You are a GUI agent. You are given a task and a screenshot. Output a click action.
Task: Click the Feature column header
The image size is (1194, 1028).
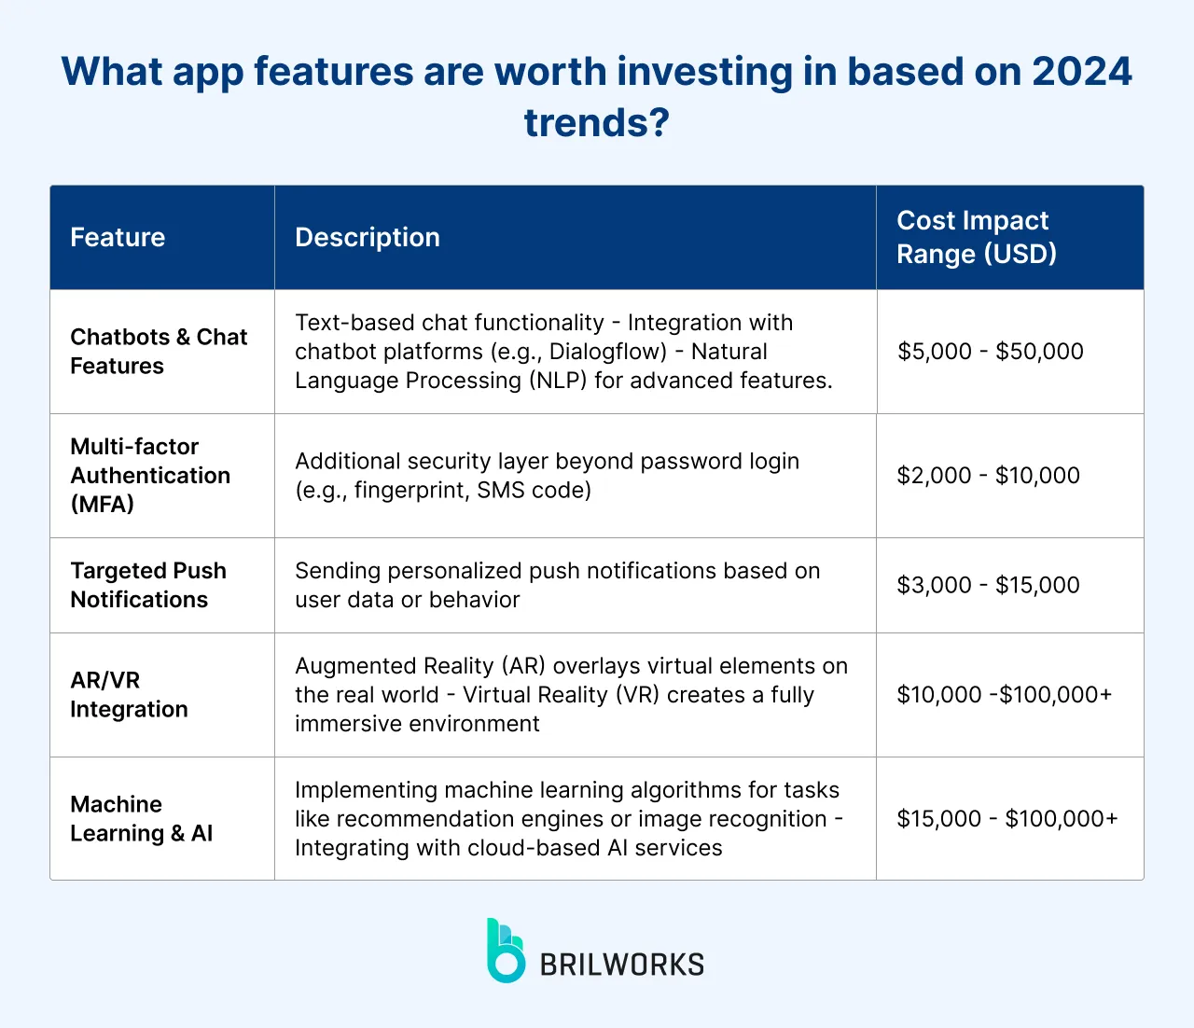click(x=118, y=237)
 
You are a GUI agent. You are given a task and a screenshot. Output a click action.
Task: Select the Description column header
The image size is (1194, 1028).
click(x=367, y=237)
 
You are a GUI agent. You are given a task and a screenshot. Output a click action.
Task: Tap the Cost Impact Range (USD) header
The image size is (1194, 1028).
click(x=976, y=237)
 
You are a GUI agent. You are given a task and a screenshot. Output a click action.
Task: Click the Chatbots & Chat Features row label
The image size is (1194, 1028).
click(x=159, y=351)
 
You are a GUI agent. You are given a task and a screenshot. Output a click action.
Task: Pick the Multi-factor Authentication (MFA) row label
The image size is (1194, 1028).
click(x=149, y=475)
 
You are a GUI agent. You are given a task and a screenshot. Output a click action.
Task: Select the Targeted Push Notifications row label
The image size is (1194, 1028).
click(x=147, y=585)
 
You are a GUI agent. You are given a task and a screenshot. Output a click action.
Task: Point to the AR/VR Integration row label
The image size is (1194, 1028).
click(x=129, y=694)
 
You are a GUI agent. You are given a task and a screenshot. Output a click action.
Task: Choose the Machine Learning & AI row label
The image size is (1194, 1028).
click(x=141, y=818)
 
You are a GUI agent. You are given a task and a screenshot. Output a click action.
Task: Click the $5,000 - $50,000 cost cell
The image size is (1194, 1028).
click(x=990, y=352)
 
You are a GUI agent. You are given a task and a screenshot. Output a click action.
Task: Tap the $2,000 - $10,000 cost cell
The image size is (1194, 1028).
click(x=988, y=476)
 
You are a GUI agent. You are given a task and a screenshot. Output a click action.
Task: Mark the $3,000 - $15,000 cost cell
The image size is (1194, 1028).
click(x=988, y=585)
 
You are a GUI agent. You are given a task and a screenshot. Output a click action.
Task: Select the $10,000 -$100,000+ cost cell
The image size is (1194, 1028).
click(x=1004, y=695)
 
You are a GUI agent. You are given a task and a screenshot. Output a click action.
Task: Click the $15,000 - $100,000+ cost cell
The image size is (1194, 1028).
click(x=1007, y=819)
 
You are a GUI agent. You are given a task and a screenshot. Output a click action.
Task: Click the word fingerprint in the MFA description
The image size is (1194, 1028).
click(x=408, y=491)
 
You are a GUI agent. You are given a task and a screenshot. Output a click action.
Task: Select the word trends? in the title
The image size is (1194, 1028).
click(x=597, y=122)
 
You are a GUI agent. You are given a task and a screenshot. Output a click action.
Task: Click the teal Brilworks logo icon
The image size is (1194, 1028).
click(x=505, y=951)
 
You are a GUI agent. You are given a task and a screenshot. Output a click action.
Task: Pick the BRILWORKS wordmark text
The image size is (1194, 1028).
click(x=622, y=965)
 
